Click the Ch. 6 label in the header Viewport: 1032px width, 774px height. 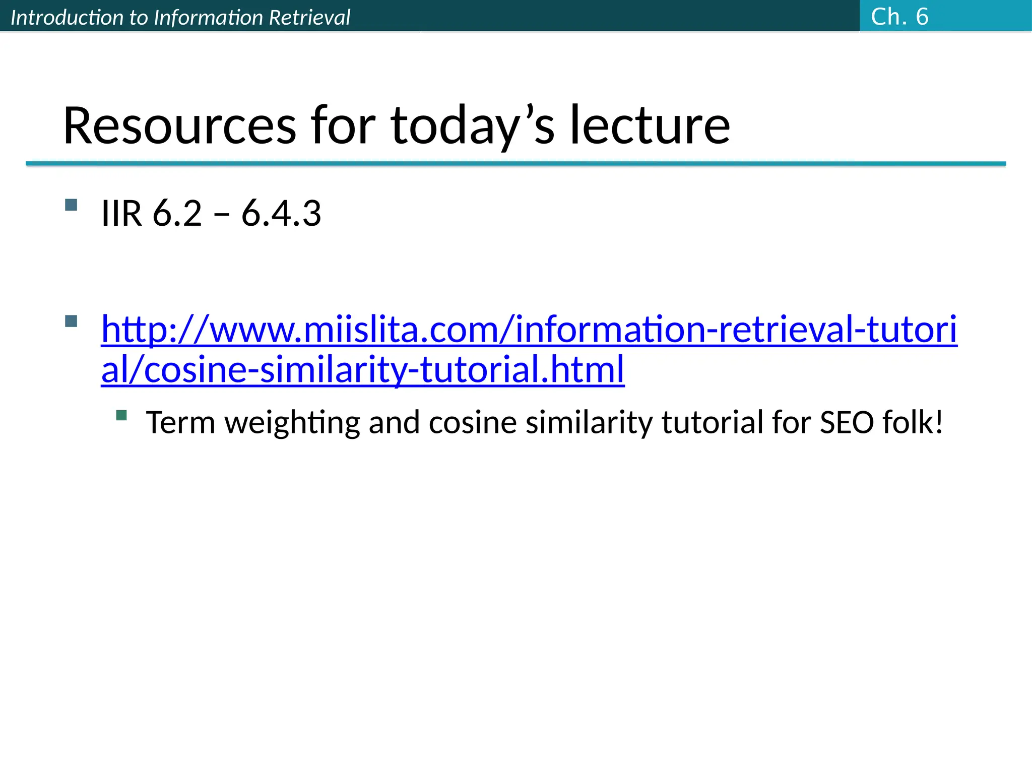coord(899,17)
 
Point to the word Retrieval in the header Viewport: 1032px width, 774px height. coord(309,18)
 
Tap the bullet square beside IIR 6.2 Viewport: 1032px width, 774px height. coord(71,205)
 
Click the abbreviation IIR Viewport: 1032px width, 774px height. coord(121,213)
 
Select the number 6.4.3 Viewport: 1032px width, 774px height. coord(281,213)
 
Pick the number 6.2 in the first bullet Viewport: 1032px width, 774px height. coord(177,213)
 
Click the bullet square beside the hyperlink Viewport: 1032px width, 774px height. coord(71,321)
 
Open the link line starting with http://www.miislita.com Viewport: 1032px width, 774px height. coord(529,330)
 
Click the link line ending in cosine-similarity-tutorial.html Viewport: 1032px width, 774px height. coord(363,369)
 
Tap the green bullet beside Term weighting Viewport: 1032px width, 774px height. coord(121,415)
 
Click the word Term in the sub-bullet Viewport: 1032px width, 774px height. coord(180,422)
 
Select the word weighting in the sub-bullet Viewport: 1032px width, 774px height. coord(292,422)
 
